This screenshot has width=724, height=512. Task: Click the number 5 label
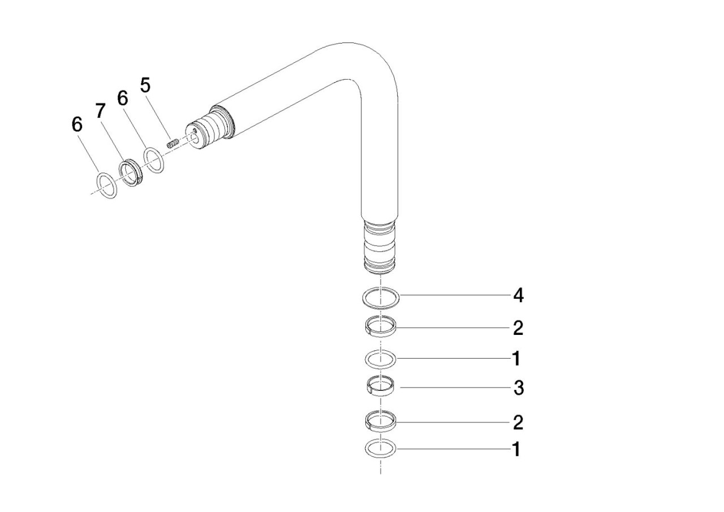coord(145,85)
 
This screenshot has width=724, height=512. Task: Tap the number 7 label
coord(101,111)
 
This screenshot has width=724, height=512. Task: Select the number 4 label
coord(519,295)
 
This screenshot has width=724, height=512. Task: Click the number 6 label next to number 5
coord(123,98)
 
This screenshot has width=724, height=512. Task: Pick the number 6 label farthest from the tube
coord(77,124)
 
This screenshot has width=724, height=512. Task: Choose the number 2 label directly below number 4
coord(518,328)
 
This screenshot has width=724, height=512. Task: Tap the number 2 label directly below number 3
coord(518,422)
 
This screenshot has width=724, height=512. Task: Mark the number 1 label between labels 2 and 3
coord(516,359)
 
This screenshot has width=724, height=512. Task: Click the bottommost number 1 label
coord(516,449)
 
